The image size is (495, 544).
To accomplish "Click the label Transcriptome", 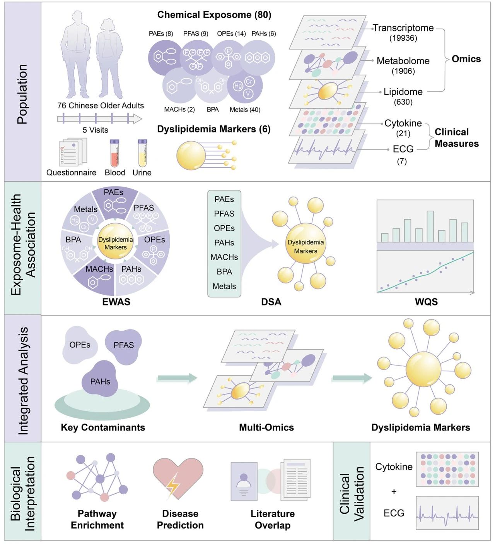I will [x=403, y=28].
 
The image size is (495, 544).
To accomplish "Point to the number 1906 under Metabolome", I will [x=403, y=71].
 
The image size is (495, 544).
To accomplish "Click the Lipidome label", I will [x=403, y=92].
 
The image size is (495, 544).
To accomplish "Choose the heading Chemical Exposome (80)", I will [x=214, y=15].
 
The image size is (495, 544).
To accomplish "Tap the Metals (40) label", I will [x=245, y=110].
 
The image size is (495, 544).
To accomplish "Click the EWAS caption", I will [x=116, y=302].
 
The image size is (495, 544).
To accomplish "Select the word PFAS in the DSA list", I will [x=224, y=214].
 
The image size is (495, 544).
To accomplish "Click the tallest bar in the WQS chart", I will [x=430, y=226].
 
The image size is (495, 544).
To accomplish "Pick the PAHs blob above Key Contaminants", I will [x=100, y=379].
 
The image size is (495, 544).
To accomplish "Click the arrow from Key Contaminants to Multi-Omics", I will [x=177, y=378].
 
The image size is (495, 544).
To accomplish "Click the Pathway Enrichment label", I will [x=97, y=519].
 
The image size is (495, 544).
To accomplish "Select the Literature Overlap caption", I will [x=273, y=519].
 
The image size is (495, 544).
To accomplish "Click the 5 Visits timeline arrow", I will [x=99, y=118].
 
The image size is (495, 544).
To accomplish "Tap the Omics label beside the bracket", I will [x=466, y=59].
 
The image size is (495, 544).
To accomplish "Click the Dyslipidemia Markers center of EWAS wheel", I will [x=115, y=243].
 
